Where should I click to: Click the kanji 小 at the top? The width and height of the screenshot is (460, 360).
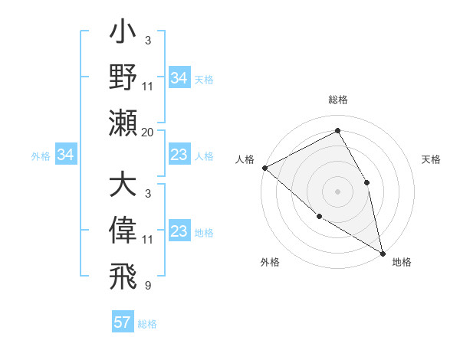pyautogui.click(x=123, y=35)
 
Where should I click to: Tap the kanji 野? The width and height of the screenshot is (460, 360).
pyautogui.click(x=123, y=78)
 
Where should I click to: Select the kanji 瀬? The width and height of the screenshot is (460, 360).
pyautogui.click(x=123, y=123)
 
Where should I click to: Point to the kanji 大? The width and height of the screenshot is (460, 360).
pyautogui.click(x=123, y=187)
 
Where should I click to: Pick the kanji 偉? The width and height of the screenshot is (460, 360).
pyautogui.click(x=123, y=231)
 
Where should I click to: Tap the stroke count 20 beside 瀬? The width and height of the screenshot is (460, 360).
pyautogui.click(x=148, y=133)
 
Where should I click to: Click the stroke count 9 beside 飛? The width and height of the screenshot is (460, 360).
pyautogui.click(x=148, y=285)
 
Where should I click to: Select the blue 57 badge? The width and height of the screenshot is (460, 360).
pyautogui.click(x=123, y=322)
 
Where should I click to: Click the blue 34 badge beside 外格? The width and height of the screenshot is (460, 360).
pyautogui.click(x=66, y=155)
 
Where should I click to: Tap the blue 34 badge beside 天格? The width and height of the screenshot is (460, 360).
pyautogui.click(x=179, y=78)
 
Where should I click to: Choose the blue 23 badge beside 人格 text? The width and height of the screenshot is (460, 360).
pyautogui.click(x=179, y=155)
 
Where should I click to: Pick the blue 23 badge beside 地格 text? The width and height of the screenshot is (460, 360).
pyautogui.click(x=179, y=232)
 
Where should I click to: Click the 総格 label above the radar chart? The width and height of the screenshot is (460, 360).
pyautogui.click(x=337, y=100)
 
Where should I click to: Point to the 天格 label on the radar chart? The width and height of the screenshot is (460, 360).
pyautogui.click(x=432, y=159)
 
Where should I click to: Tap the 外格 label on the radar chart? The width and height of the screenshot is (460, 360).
pyautogui.click(x=270, y=262)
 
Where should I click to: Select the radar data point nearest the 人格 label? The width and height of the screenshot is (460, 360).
pyautogui.click(x=264, y=168)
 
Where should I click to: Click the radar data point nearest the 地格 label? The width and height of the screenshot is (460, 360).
pyautogui.click(x=383, y=253)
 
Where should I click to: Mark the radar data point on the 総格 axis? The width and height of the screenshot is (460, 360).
pyautogui.click(x=337, y=131)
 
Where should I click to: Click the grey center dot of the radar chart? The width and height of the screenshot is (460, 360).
pyautogui.click(x=337, y=191)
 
